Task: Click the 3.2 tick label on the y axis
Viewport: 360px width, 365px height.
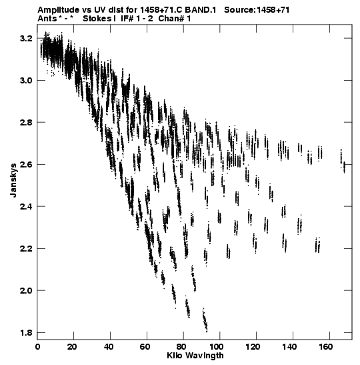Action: coord(26,39)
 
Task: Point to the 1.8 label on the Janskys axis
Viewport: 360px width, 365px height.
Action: coord(26,333)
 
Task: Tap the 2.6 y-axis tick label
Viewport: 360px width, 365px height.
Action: coord(26,165)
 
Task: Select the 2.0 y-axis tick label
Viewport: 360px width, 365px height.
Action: coord(26,291)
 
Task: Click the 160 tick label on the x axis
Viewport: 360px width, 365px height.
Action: coord(325,347)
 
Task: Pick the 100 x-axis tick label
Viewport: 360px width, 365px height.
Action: coord(216,347)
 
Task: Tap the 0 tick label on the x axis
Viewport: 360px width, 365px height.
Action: coord(37,347)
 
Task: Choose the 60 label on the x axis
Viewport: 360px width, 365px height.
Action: coord(145,347)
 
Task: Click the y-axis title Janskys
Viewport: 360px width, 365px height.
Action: coord(13,180)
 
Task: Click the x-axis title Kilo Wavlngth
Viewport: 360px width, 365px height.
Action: coord(195,356)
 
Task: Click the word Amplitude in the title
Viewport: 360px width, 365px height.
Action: coord(59,10)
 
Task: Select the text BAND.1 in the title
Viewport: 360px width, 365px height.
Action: coord(201,10)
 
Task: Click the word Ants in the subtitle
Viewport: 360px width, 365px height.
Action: coord(47,19)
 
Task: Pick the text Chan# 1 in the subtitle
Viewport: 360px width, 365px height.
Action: coord(175,19)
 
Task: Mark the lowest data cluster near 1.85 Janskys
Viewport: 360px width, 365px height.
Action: coord(205,320)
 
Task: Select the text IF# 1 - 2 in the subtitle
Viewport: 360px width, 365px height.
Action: coord(137,19)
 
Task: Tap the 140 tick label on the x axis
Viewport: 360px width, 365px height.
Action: coord(289,347)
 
